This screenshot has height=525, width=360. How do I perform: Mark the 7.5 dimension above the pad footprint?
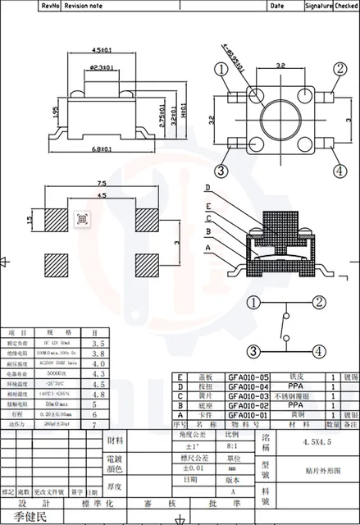100,184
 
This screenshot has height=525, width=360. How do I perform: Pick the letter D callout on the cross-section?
207,188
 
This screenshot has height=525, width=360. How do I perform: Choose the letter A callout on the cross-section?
207,247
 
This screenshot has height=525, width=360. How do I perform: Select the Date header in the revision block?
277,5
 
